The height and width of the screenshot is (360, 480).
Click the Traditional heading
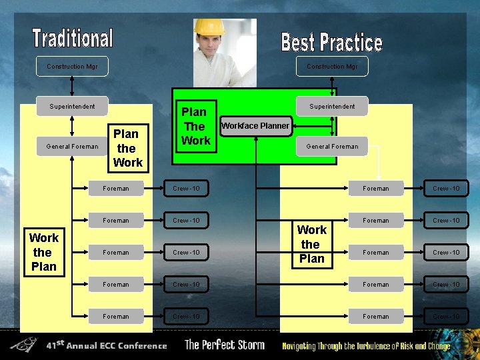[x=73, y=37]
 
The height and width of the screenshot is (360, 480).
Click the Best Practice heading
[x=331, y=42]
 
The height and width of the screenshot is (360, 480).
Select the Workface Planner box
[x=255, y=125]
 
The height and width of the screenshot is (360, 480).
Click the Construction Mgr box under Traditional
[x=72, y=67]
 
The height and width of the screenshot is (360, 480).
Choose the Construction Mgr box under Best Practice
[x=332, y=67]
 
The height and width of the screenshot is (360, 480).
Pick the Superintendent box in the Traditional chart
[x=72, y=106]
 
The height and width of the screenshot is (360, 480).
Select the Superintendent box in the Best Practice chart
[x=332, y=106]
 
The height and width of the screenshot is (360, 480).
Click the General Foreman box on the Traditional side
[x=72, y=146]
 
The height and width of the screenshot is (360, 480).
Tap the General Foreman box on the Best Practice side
[x=332, y=146]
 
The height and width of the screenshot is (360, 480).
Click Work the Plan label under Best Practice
[x=311, y=244]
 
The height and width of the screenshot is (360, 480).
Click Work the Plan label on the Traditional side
[x=43, y=252]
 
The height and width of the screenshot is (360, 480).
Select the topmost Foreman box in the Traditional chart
[x=116, y=189]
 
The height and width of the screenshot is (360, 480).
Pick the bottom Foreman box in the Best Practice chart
[x=375, y=317]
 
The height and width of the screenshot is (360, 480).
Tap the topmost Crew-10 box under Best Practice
[x=446, y=189]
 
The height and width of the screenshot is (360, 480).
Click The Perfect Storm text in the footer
[x=225, y=345]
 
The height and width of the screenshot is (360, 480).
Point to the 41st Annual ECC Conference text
[x=107, y=346]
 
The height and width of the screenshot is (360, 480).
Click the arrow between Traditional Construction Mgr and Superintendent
[x=72, y=87]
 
